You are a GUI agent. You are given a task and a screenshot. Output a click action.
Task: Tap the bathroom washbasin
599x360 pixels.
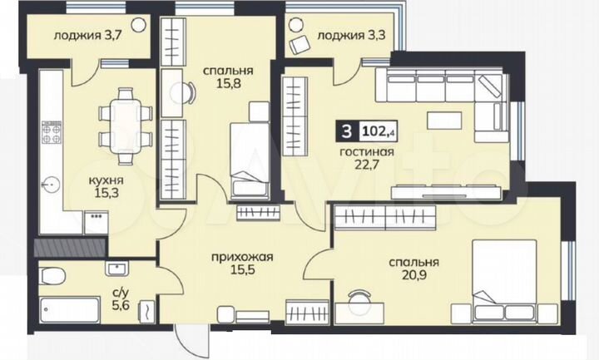pyautogui.click(x=115, y=268)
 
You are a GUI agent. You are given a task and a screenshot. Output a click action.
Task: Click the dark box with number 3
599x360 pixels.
pyautogui.click(x=343, y=131)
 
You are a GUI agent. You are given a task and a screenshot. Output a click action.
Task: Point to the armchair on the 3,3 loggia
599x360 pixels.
pyautogui.click(x=298, y=46)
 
